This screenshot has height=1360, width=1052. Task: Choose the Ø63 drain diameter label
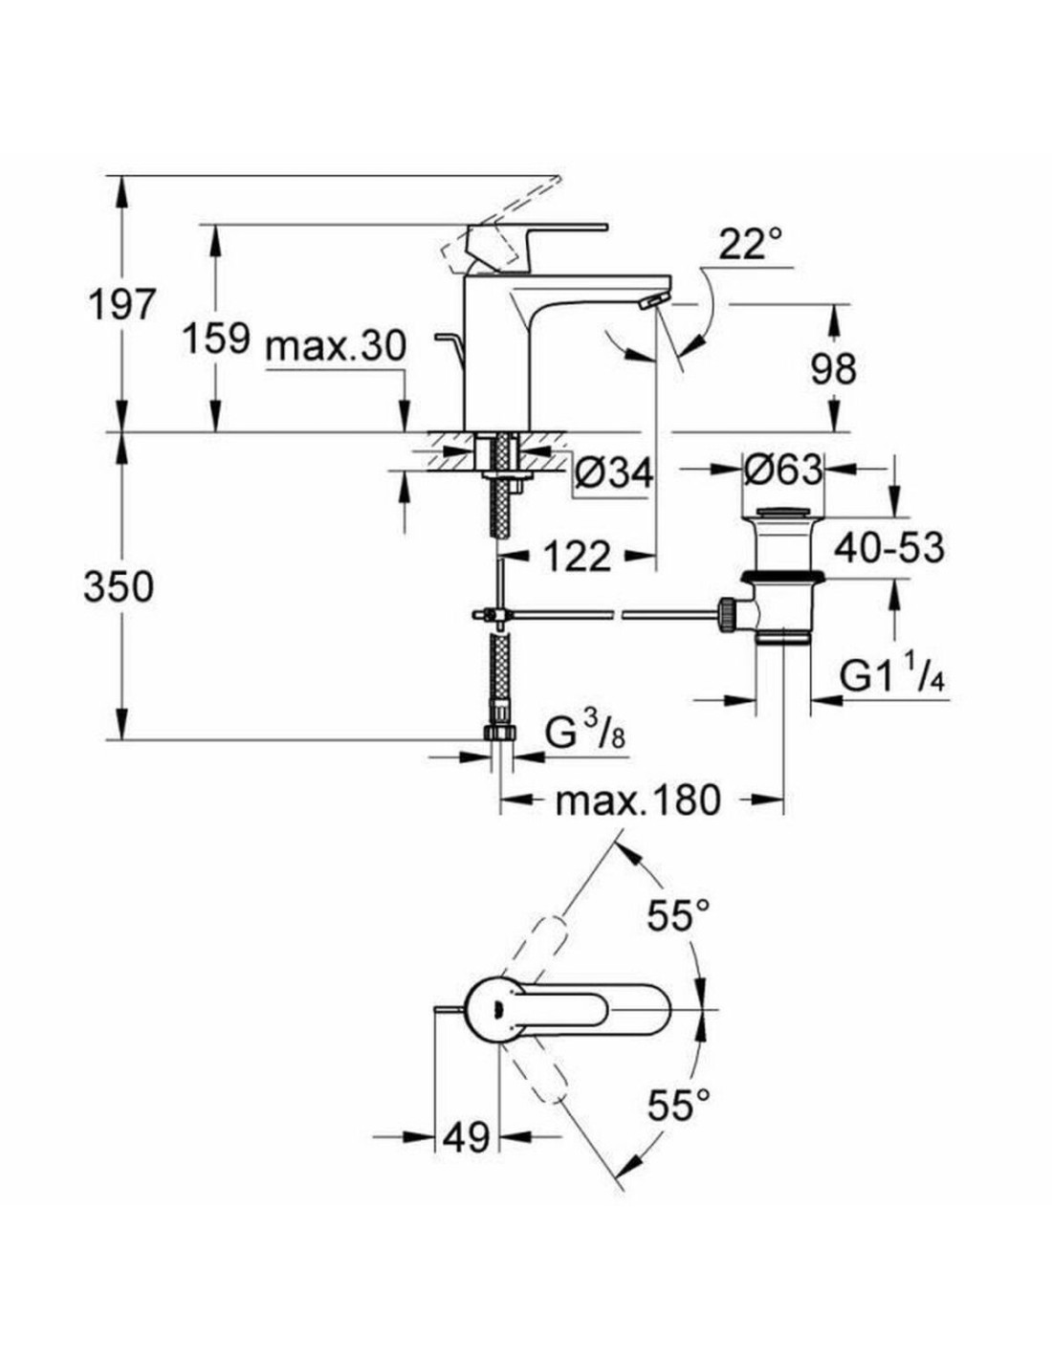(783, 469)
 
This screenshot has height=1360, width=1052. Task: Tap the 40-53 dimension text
(888, 548)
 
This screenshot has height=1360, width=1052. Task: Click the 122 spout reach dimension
(577, 555)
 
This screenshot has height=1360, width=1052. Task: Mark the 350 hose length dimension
(118, 585)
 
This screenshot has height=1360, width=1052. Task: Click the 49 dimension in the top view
(467, 1137)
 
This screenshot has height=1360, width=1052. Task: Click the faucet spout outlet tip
(653, 302)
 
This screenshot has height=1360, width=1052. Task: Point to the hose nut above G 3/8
(500, 732)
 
